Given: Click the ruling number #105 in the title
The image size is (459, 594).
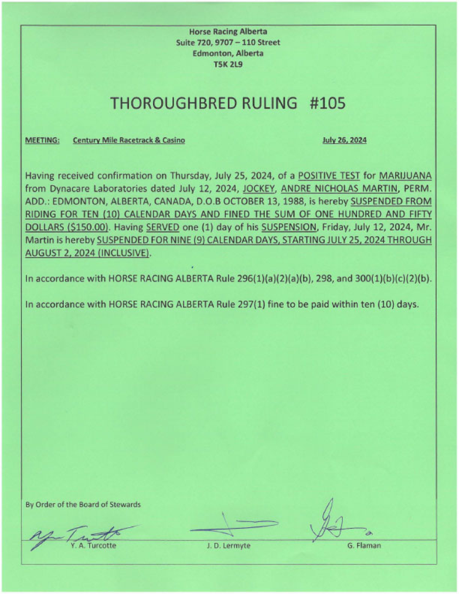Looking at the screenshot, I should [x=327, y=104].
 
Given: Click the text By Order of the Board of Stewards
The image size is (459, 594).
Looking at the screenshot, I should [x=83, y=505].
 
